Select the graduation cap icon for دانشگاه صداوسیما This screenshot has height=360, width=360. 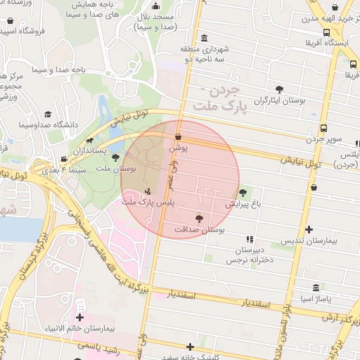(48, 114)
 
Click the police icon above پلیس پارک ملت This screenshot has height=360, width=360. (148, 191)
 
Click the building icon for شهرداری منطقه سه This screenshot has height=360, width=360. (204, 37)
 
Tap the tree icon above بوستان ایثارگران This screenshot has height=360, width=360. (280, 89)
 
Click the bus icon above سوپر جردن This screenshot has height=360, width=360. (323, 128)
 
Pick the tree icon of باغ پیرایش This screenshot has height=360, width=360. (243, 192)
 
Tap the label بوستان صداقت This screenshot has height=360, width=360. (198, 230)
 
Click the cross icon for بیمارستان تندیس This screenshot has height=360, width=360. (309, 230)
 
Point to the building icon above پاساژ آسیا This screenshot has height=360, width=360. (314, 289)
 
